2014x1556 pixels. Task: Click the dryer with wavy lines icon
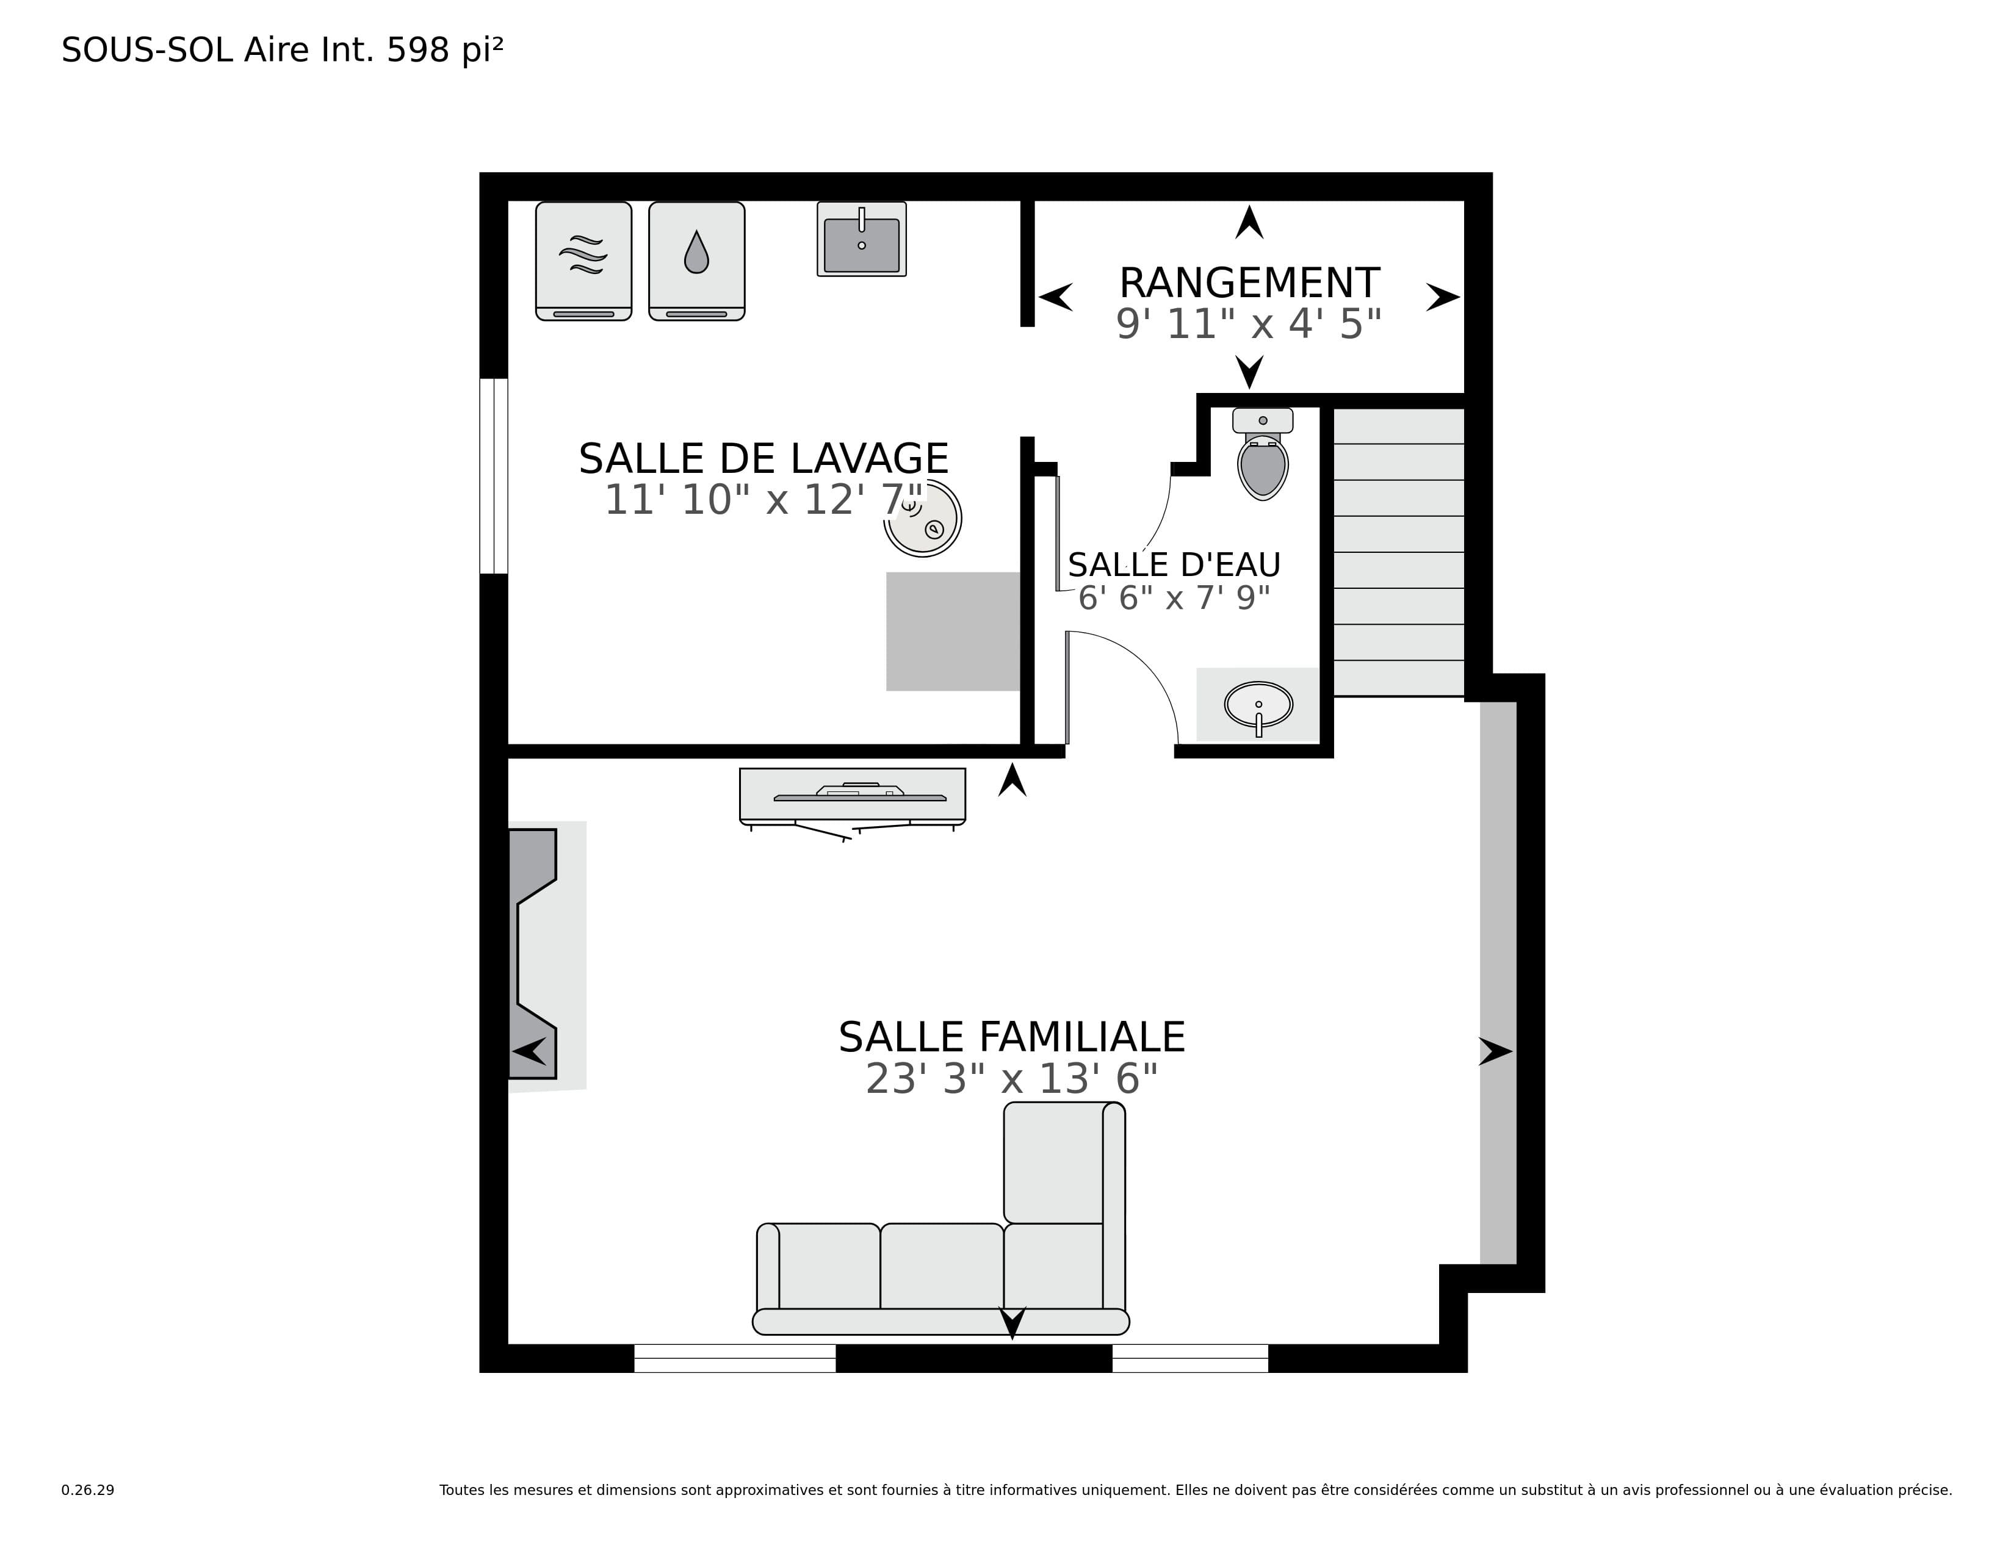click(583, 261)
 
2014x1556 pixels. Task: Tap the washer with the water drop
click(696, 261)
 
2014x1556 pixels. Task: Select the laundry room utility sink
click(861, 239)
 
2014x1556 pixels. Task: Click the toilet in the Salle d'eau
click(1263, 453)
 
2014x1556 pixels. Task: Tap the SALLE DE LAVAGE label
click(763, 458)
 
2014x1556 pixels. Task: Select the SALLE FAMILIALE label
click(1012, 1037)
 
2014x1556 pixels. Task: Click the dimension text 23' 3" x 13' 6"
click(1012, 1078)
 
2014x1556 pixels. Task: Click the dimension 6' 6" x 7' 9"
click(1174, 598)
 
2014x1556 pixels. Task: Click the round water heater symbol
click(923, 517)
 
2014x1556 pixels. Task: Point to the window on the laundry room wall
click(494, 476)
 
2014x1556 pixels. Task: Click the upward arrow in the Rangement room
click(1249, 222)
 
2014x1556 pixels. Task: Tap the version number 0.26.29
click(88, 1491)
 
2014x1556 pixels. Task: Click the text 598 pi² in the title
click(444, 50)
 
